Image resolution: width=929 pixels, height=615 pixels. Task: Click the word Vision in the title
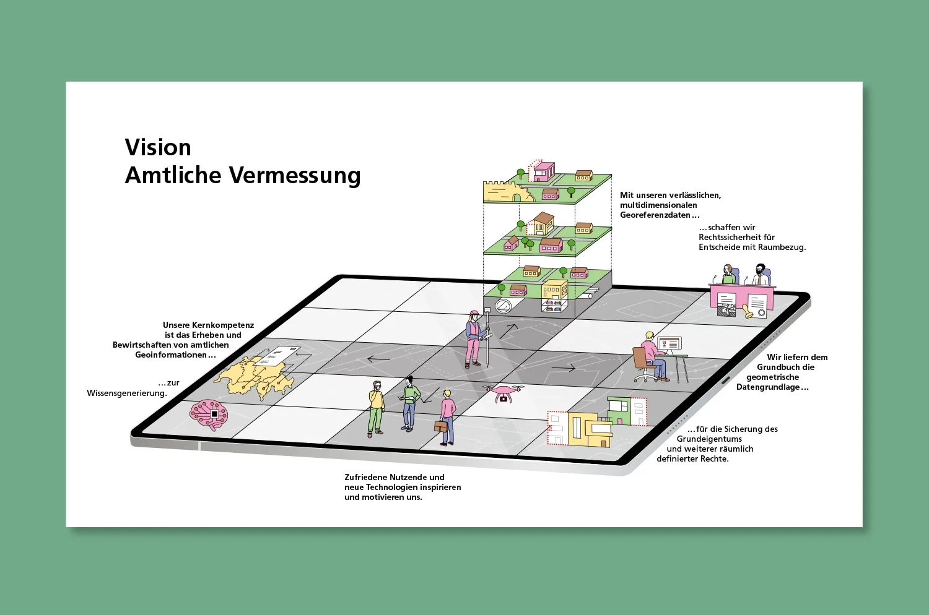(x=158, y=148)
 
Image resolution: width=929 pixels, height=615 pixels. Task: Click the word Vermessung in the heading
(x=295, y=176)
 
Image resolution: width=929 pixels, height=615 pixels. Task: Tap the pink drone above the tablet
(x=503, y=393)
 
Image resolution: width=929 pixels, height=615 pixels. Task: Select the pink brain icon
(x=209, y=414)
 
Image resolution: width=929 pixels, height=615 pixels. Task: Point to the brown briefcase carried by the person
(x=441, y=426)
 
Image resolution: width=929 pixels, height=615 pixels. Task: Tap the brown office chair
(x=642, y=363)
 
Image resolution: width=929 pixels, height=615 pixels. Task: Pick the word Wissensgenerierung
(x=127, y=393)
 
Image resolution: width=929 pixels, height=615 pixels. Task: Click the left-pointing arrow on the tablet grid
(x=378, y=359)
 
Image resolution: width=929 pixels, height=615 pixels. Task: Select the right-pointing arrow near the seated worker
(x=563, y=368)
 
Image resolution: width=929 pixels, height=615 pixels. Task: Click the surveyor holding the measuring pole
(x=474, y=340)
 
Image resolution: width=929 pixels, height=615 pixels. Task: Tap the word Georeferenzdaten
(x=655, y=215)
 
